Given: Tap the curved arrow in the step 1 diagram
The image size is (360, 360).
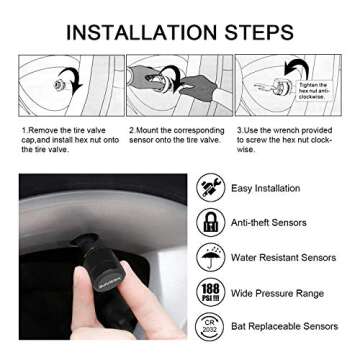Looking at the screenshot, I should (x=69, y=79).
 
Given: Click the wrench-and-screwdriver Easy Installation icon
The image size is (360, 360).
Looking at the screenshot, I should (x=210, y=188).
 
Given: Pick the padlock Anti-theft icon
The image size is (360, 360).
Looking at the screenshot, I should (x=210, y=222).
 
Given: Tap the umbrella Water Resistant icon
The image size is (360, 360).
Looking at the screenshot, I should (x=210, y=257).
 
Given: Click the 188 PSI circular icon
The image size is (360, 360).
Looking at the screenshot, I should (x=210, y=291).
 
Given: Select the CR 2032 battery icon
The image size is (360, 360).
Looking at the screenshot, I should (x=210, y=326).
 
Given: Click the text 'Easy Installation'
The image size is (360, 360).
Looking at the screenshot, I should (x=265, y=188).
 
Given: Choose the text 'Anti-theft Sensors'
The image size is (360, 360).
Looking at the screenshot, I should (x=269, y=222).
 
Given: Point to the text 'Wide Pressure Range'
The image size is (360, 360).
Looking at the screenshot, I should (x=276, y=292).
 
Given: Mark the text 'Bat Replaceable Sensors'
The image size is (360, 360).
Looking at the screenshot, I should (x=284, y=326).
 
